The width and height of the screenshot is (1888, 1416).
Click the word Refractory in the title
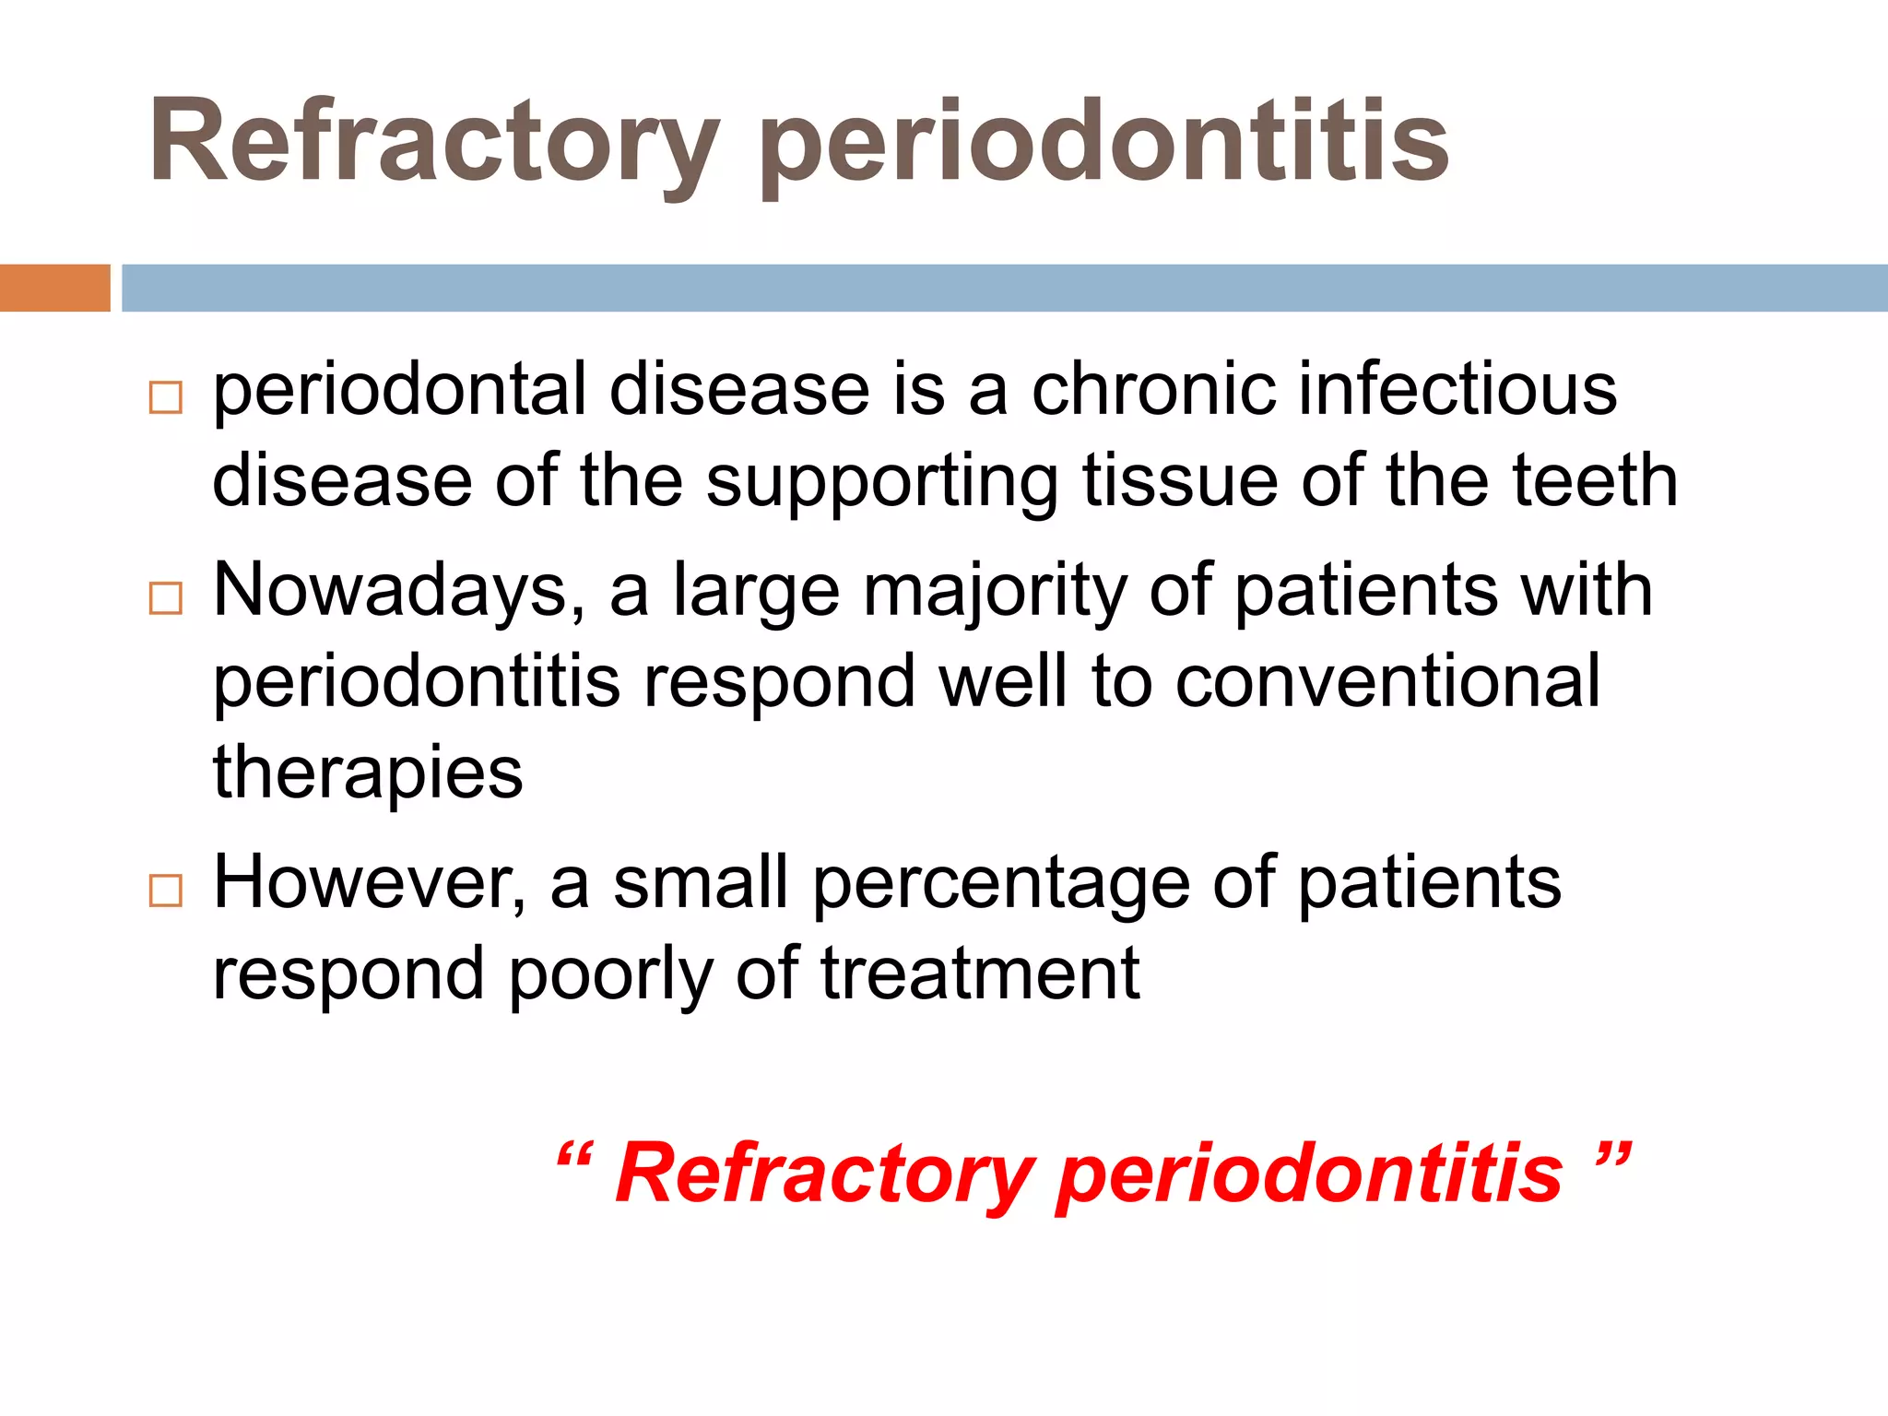(x=433, y=143)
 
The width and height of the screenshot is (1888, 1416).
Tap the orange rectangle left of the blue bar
(x=54, y=288)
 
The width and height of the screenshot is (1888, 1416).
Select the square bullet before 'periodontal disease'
(x=166, y=398)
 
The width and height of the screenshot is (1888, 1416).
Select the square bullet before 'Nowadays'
(x=166, y=598)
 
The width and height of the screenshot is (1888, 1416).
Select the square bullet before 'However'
(x=166, y=891)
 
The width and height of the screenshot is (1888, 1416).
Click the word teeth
(x=1595, y=480)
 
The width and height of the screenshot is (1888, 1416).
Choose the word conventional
(x=1387, y=681)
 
